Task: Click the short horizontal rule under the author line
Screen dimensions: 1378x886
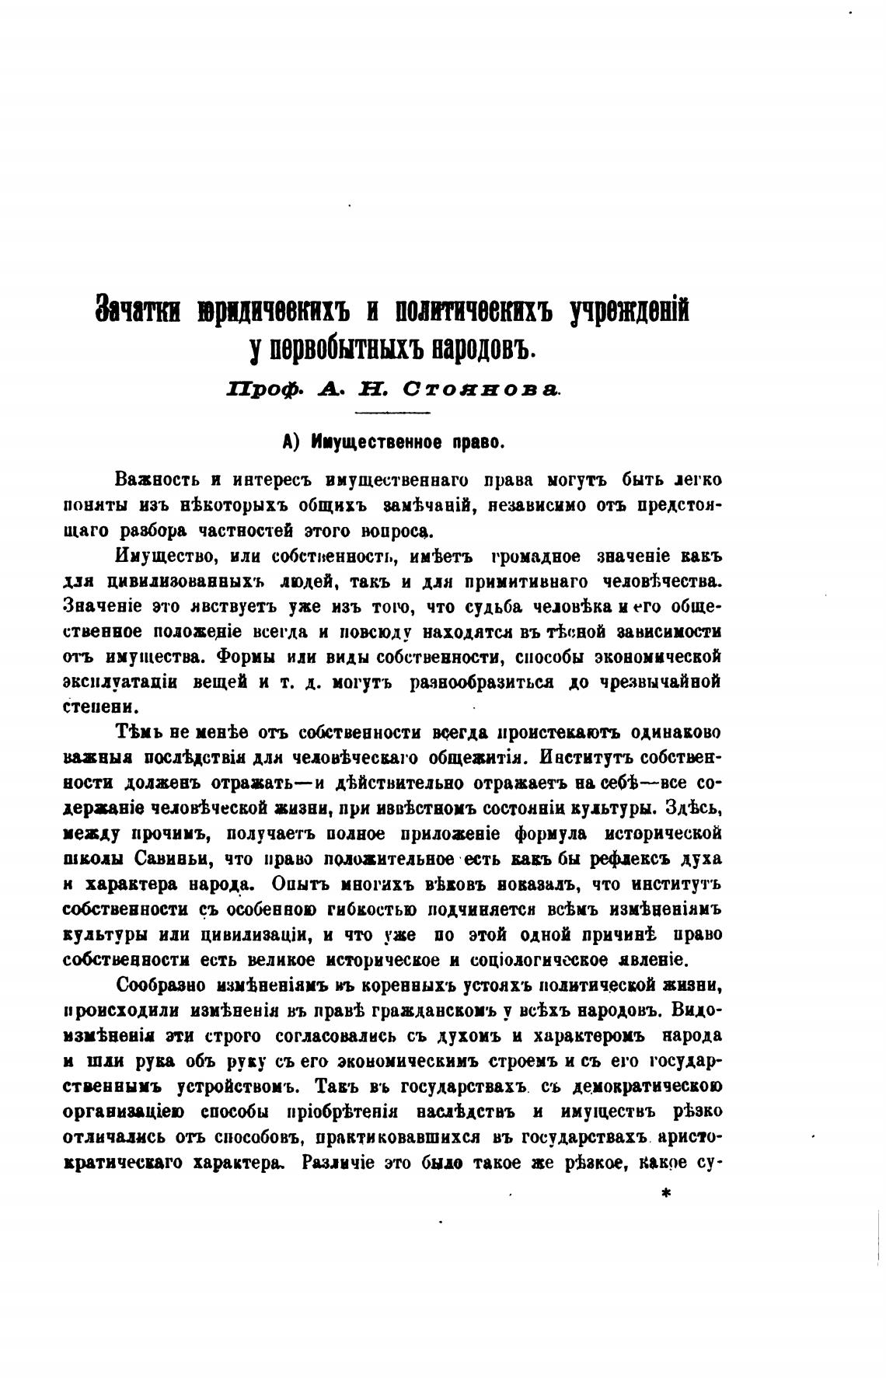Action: (x=397, y=412)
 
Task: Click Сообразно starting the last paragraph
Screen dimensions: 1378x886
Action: (x=161, y=986)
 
